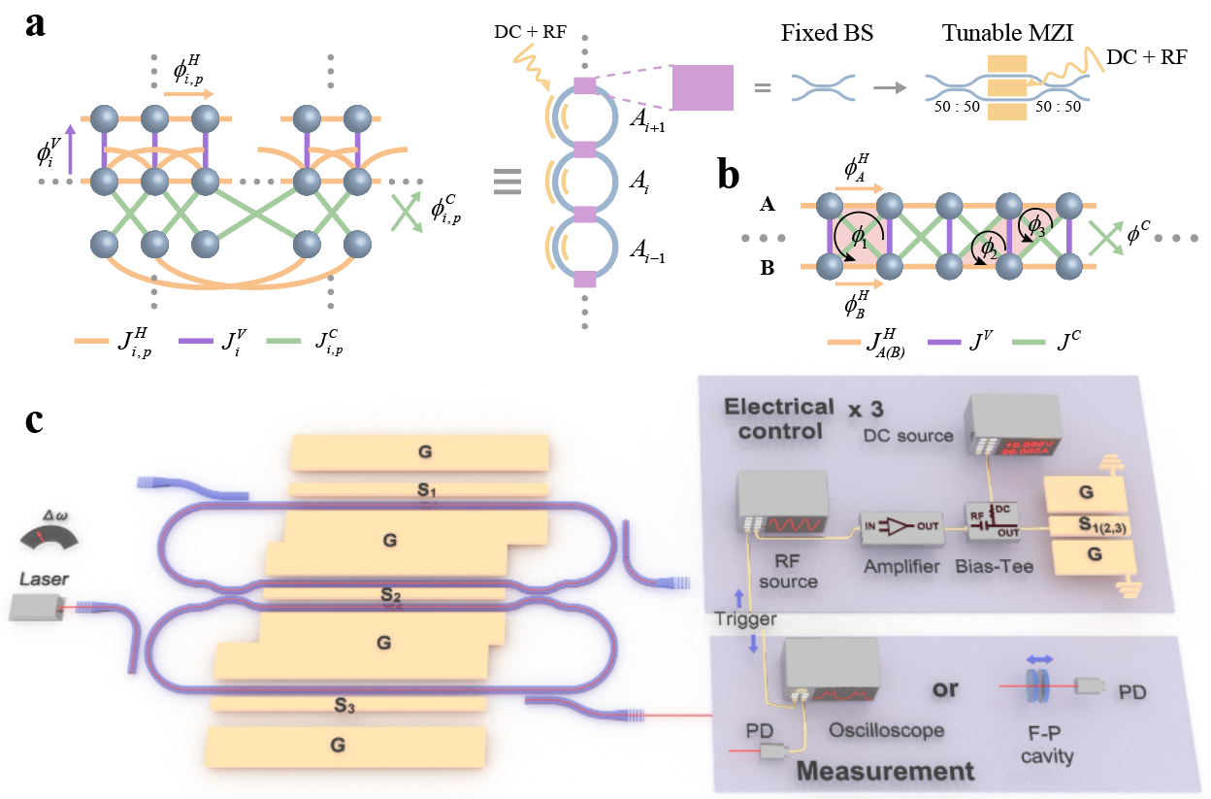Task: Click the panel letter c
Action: tap(38, 424)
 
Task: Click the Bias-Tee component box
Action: tap(991, 520)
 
